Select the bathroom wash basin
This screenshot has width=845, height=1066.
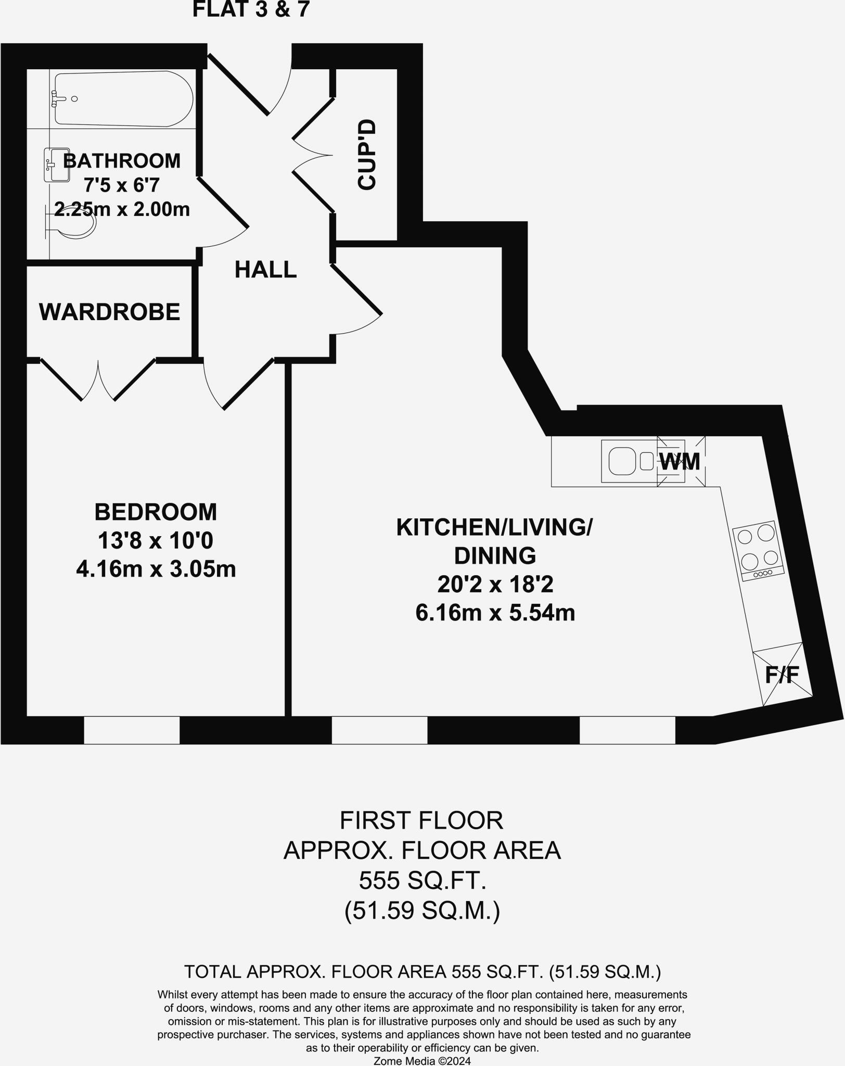(x=56, y=165)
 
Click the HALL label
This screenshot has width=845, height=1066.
(x=265, y=270)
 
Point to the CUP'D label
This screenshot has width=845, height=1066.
(x=367, y=155)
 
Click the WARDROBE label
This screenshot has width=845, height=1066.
(x=110, y=312)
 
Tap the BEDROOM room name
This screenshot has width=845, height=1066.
(x=156, y=512)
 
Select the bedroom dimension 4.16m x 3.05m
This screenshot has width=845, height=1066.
(x=156, y=569)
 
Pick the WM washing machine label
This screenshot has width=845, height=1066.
(x=680, y=462)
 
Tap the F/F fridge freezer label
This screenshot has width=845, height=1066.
(x=782, y=675)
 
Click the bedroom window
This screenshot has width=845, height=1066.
(x=132, y=730)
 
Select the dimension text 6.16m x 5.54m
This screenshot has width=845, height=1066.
(x=495, y=613)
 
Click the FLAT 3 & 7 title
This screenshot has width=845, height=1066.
(x=251, y=10)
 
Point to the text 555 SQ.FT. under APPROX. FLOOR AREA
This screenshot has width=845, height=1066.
(x=422, y=881)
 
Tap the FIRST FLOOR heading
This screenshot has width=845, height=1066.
(x=421, y=821)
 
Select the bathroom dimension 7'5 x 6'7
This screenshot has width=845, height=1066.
(x=122, y=185)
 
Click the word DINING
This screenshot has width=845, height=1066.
(x=495, y=556)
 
